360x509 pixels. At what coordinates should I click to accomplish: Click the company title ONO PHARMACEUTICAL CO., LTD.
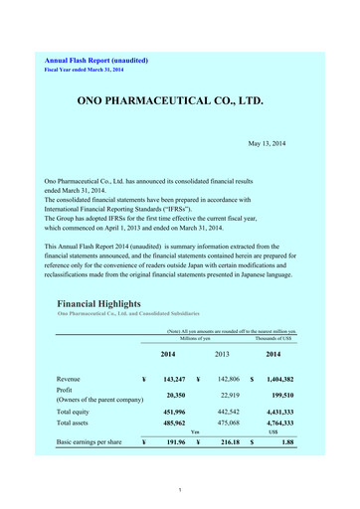tap(180, 100)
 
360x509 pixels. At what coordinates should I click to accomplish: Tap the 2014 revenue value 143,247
tap(175, 379)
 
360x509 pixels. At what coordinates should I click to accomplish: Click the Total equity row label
tap(79, 411)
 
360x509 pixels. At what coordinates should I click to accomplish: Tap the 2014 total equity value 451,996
tap(175, 411)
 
